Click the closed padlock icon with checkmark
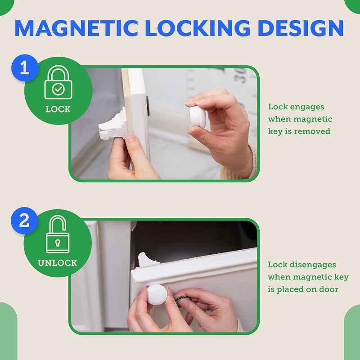(x=58, y=83)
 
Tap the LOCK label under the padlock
(x=58, y=109)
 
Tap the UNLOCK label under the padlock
(x=58, y=263)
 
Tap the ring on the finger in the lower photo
(x=183, y=301)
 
